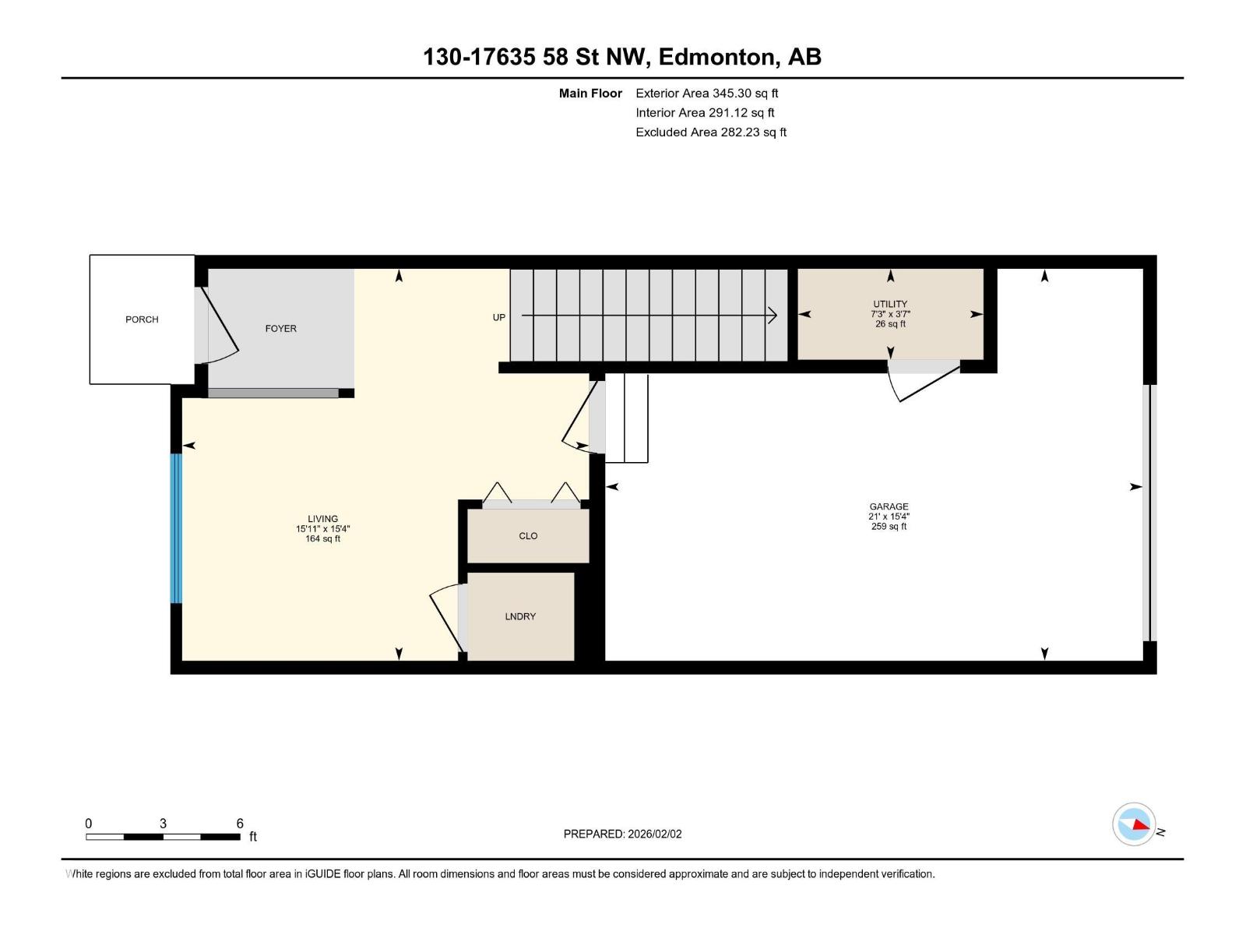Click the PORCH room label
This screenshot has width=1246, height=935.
pos(142,319)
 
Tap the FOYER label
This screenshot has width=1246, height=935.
pos(280,329)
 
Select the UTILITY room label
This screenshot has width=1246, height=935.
pos(890,304)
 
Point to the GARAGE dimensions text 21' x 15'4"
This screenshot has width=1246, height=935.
pos(889,517)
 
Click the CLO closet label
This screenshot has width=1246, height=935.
pos(528,536)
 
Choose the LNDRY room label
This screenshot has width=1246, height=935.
pos(520,616)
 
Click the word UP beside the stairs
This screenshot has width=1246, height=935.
pos(498,317)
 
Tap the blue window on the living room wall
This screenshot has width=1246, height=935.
pos(176,528)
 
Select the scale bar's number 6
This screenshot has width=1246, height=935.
pos(240,824)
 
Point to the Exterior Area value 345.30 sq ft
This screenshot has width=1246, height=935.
pos(744,93)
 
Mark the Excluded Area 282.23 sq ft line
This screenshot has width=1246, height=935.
pos(710,132)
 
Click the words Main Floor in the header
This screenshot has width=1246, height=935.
pos(590,93)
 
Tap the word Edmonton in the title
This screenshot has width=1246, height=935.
pos(718,57)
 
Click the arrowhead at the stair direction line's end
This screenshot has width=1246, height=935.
pos(773,316)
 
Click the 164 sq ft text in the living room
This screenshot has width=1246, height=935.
pos(322,539)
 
